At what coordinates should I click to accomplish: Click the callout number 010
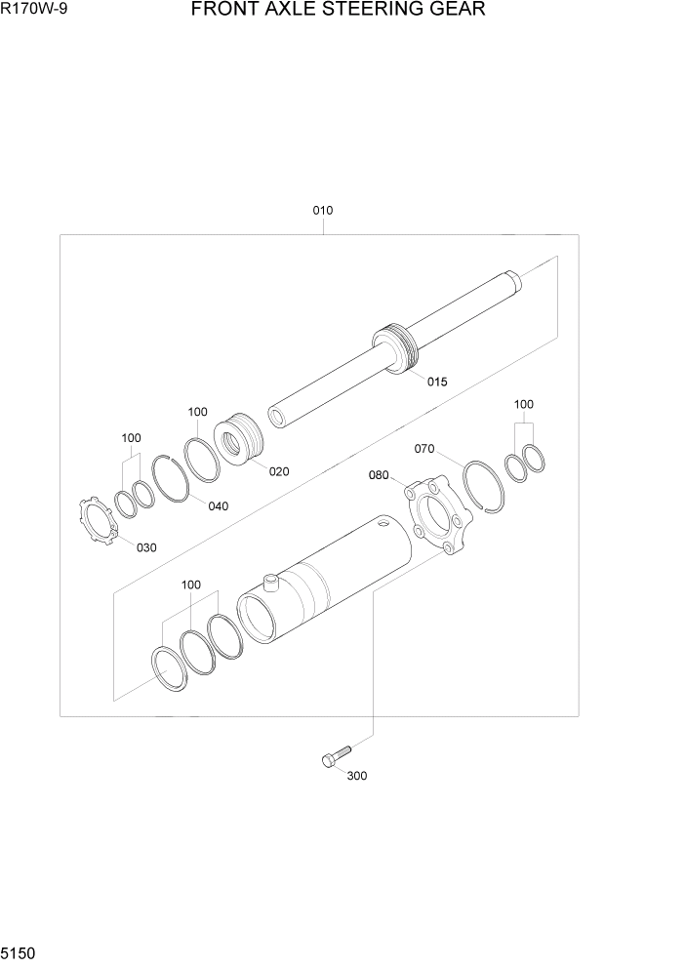323,210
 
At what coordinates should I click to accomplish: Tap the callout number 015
436,382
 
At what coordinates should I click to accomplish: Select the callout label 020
279,471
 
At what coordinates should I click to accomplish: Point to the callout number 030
145,547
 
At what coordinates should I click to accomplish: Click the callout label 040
218,505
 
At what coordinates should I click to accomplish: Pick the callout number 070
423,449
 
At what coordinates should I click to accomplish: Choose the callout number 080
379,475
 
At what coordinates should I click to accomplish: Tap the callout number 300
357,777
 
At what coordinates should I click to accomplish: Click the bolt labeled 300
332,757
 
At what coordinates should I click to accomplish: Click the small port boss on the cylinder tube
270,583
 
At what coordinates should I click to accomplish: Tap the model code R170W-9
34,11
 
